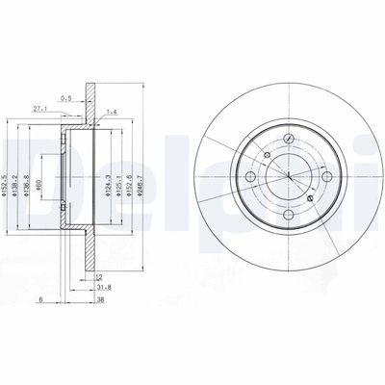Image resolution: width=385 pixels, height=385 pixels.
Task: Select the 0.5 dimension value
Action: coord(65,96)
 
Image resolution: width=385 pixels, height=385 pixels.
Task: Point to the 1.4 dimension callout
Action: coord(113,112)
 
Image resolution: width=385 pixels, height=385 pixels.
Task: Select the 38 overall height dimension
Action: coord(100,298)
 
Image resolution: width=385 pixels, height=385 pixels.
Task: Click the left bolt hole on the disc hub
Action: coord(252,178)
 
